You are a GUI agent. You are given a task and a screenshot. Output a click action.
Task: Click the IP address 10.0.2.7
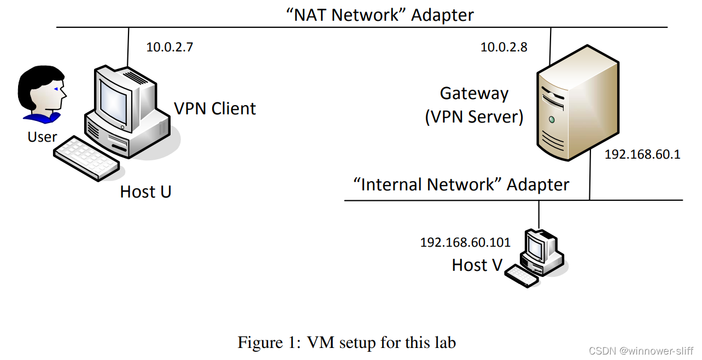coord(169,47)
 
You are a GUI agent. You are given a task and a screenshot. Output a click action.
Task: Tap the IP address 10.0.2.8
coord(504,47)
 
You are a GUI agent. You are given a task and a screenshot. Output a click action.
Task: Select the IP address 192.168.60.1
coord(642,154)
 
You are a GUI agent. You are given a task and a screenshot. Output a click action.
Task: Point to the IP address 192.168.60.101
coord(465,242)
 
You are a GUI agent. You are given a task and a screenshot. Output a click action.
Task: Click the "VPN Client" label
coord(215,108)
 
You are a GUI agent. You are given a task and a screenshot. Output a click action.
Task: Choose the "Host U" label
coord(145,191)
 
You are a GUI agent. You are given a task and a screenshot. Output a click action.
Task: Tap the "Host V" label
coord(477,265)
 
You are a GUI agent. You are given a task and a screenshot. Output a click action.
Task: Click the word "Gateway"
coord(474,94)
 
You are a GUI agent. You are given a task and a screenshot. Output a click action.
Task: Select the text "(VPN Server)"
coord(474,117)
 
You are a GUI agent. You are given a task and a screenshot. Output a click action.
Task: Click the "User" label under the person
coord(43,137)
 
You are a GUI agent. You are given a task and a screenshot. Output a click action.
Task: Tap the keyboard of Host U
coord(86,158)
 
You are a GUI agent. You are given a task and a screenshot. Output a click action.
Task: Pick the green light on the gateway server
coord(552,119)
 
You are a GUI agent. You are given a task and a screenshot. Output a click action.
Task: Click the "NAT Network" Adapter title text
coord(380,15)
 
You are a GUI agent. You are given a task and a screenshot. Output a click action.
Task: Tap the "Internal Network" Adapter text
coord(461,184)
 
